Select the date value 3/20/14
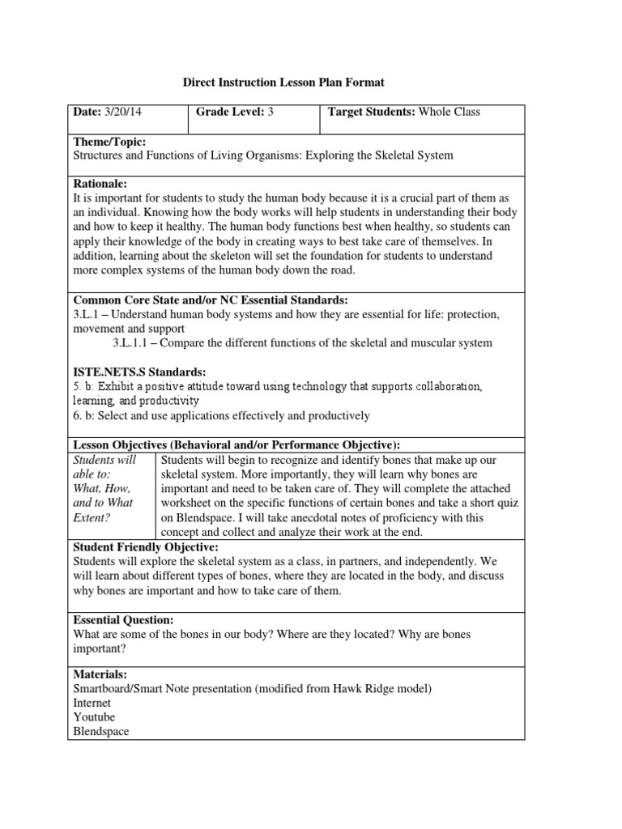coord(123,112)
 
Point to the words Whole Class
coord(449,112)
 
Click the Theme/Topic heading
coord(110,142)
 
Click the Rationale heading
coord(100,185)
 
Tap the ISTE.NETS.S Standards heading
coord(134,372)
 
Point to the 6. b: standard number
coord(86,415)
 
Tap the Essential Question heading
coord(123,619)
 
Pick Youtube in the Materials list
coord(95,717)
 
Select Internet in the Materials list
coord(93,703)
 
